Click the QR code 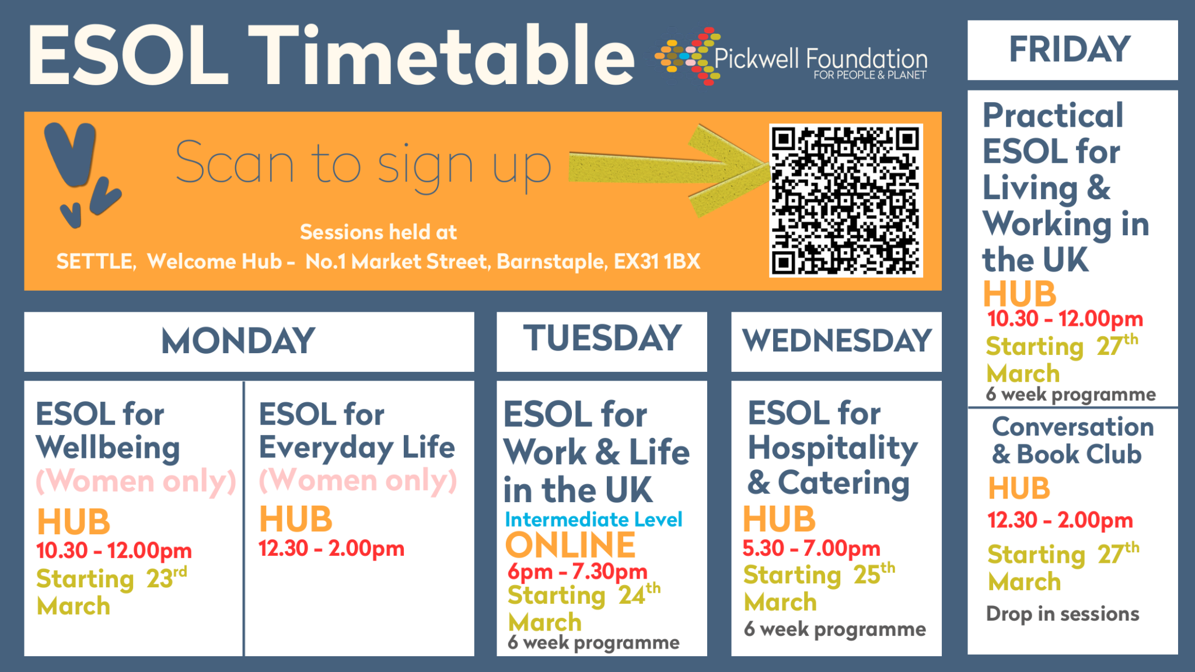845,201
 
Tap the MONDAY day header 238,341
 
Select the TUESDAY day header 602,338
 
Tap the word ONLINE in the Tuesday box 570,545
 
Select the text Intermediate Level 593,519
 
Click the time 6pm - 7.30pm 578,571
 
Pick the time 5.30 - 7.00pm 811,548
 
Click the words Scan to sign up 363,165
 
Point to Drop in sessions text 1063,614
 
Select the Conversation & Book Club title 1072,440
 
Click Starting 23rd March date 111,591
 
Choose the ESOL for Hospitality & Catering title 833,448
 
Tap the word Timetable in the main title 442,55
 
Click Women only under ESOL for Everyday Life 358,481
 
